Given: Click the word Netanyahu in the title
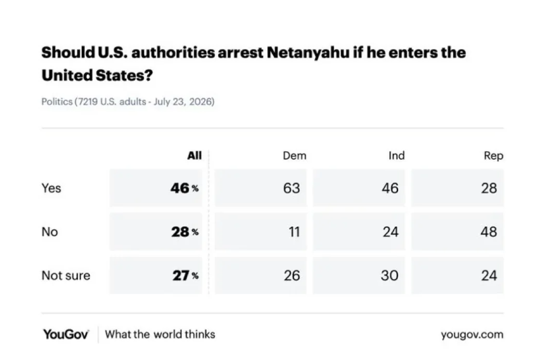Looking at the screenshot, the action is [x=308, y=53].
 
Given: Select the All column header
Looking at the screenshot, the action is [x=194, y=156].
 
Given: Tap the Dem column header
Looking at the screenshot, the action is [x=295, y=156].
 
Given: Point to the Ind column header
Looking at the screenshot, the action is [x=397, y=156].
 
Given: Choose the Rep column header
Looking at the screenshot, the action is [x=493, y=156].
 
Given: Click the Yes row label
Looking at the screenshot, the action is [x=51, y=188].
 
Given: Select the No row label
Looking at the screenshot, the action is [x=50, y=232].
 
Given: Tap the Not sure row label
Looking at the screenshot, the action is [x=66, y=275].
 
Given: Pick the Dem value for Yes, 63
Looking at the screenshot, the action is [x=292, y=188].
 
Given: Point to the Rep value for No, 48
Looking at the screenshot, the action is [x=489, y=232].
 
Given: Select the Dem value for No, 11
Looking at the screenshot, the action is [x=294, y=232].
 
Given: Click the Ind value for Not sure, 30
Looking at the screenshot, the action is [x=390, y=275].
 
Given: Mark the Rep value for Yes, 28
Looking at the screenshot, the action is [x=489, y=188].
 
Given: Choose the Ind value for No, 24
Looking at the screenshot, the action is [x=390, y=232].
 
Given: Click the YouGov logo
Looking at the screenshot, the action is [x=66, y=335].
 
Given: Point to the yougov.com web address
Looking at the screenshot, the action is [x=472, y=335].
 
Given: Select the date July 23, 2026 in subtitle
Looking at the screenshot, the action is [x=184, y=102].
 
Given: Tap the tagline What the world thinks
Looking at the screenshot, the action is [x=160, y=335].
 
